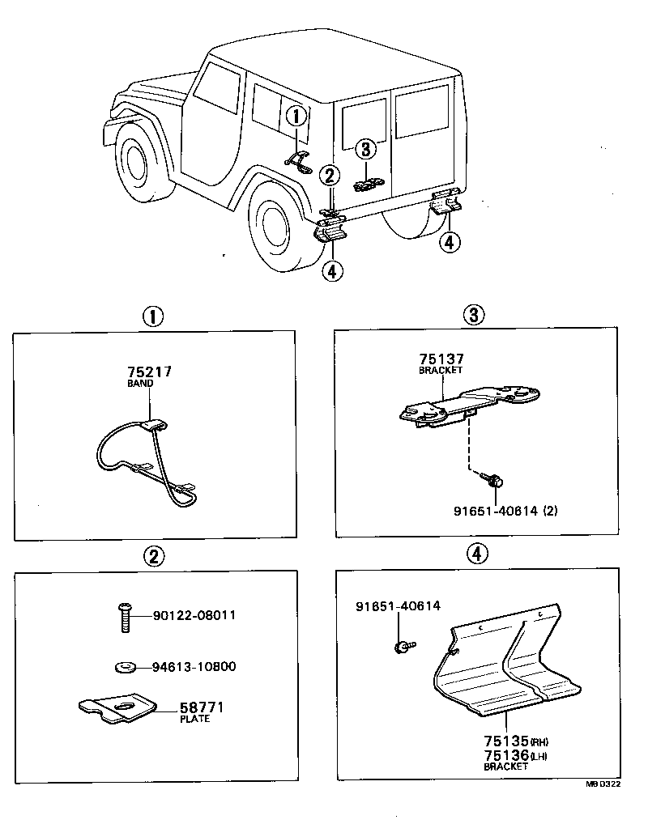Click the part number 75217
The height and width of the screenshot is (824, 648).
149,372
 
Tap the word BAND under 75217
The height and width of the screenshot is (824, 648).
140,385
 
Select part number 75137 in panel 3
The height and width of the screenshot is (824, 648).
441,359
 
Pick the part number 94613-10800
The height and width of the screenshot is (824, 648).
194,667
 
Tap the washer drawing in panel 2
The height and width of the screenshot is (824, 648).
126,667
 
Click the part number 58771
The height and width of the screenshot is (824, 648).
201,707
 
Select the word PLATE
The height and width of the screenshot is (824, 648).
194,719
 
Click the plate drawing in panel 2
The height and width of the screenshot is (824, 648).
118,709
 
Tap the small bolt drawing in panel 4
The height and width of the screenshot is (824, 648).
402,646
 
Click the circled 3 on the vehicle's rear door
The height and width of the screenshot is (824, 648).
365,149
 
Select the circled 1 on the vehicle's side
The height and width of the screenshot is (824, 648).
296,117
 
